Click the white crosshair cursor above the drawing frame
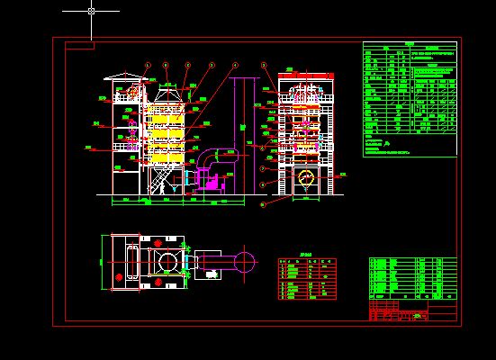[91, 11]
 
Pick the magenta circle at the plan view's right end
[244, 262]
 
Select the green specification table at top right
[410, 99]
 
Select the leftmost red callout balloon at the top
[147, 65]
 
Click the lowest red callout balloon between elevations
[263, 204]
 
